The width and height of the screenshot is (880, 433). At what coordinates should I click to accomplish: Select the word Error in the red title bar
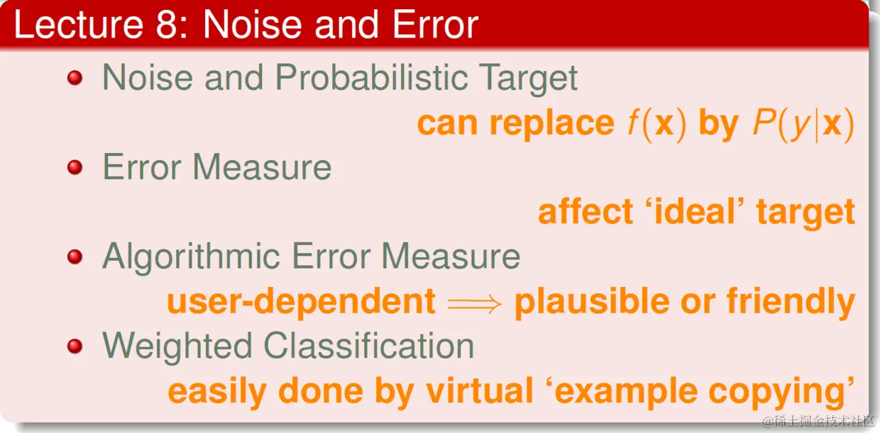435,24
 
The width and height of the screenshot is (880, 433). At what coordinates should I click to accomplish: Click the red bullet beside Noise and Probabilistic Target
75,77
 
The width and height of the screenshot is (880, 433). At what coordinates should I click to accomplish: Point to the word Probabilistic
372,77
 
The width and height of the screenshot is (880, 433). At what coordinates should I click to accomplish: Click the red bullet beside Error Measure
75,167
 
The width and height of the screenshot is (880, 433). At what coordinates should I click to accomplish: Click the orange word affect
585,211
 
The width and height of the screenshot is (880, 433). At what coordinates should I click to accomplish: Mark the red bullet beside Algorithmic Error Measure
75,257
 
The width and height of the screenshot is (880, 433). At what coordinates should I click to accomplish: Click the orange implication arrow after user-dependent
475,304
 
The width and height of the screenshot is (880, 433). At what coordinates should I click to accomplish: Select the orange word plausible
592,303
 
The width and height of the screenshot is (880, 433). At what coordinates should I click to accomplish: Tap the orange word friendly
791,303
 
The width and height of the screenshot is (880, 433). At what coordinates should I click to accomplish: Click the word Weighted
177,347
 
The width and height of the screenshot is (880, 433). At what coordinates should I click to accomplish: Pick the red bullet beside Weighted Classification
75,347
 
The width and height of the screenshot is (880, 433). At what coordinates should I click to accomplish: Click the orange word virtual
479,390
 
